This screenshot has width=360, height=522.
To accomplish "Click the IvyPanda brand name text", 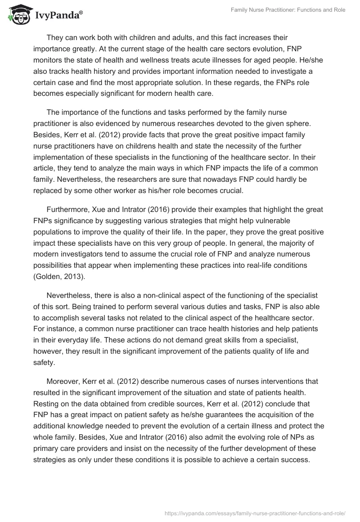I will pyautogui.click(x=58, y=16).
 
